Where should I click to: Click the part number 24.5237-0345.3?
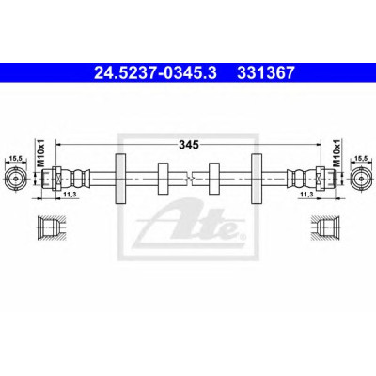[x=155, y=72]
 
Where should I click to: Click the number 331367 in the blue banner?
[x=266, y=72]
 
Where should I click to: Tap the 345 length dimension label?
[x=189, y=145]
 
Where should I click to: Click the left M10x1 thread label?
[x=41, y=153]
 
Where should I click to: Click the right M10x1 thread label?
[x=336, y=153]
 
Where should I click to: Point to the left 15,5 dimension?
[x=15, y=159]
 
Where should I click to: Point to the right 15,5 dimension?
[x=361, y=159]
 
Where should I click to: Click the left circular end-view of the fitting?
[x=15, y=178]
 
